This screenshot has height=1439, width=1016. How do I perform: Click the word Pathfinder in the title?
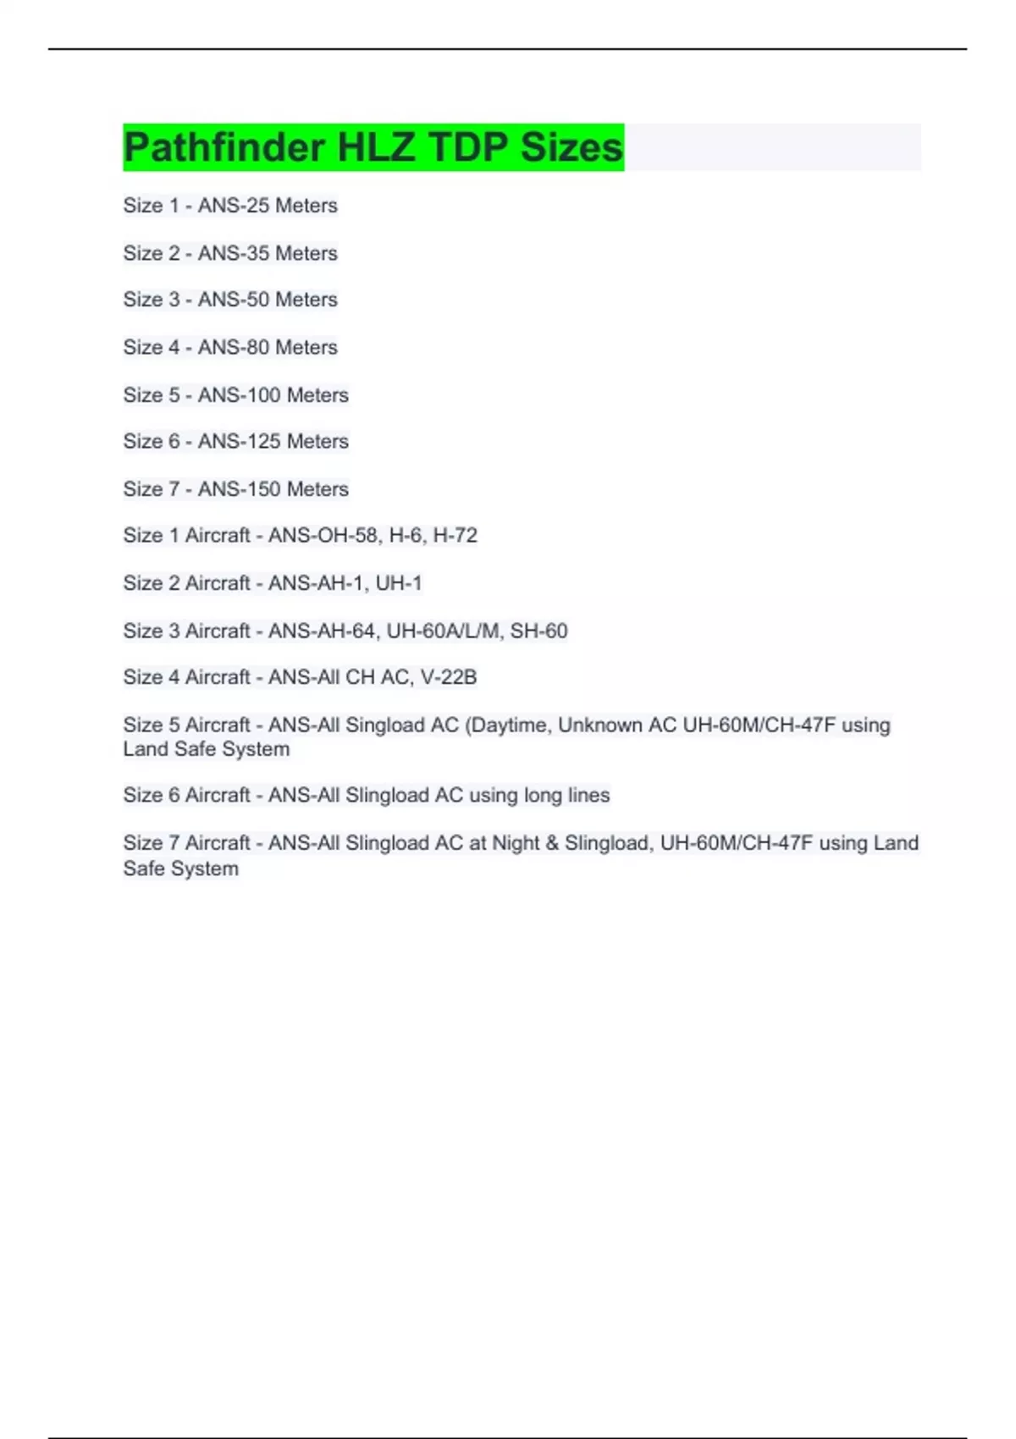click(x=224, y=147)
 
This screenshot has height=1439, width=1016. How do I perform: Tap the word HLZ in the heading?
click(x=376, y=147)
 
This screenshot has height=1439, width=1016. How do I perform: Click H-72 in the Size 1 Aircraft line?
click(x=455, y=536)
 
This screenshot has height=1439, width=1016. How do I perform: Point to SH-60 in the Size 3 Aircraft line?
click(x=538, y=631)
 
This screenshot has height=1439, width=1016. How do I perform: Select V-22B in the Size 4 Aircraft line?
click(x=449, y=678)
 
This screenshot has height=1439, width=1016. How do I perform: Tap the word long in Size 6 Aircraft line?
click(x=543, y=796)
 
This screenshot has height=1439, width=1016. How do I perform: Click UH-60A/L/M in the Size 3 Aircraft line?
click(x=443, y=631)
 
